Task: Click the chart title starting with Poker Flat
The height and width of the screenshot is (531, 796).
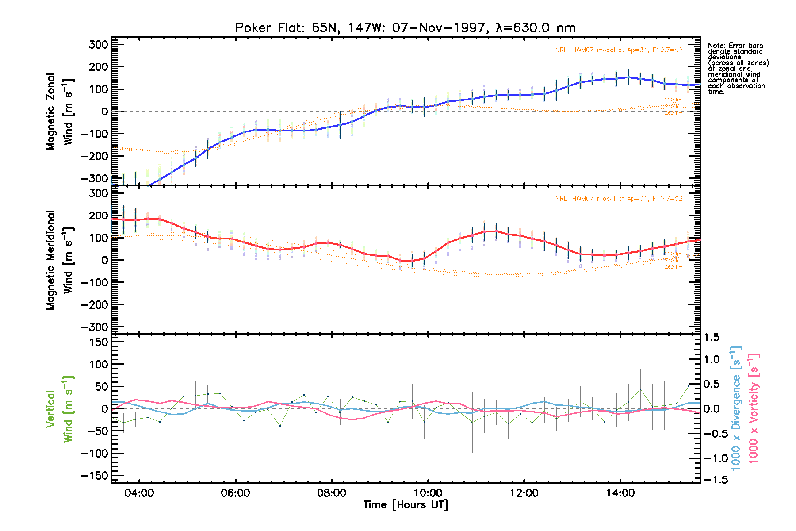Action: click(405, 28)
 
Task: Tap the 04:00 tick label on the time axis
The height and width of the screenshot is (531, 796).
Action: click(139, 493)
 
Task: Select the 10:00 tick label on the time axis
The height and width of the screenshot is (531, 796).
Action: click(428, 493)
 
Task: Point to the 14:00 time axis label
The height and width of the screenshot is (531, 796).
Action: click(620, 493)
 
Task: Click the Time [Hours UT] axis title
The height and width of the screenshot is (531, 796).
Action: click(405, 505)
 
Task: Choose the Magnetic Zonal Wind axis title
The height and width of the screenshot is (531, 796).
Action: click(59, 112)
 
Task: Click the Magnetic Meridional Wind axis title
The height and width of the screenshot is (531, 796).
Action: click(59, 260)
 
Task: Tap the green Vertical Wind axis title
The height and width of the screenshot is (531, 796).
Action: click(59, 409)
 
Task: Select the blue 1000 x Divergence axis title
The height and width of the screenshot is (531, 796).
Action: click(736, 408)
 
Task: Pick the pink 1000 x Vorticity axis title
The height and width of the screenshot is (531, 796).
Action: click(753, 408)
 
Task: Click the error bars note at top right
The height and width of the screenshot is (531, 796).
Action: click(738, 69)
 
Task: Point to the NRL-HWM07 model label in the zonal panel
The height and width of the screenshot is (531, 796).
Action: click(619, 50)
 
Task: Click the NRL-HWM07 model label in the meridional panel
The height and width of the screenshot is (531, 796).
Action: click(619, 199)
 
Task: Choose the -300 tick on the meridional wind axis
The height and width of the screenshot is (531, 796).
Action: click(95, 327)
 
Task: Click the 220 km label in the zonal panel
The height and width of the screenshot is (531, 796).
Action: click(674, 100)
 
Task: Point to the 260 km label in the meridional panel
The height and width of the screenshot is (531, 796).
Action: click(674, 267)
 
